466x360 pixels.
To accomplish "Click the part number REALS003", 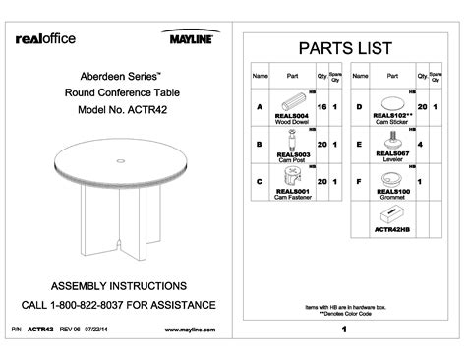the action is (x=294, y=154).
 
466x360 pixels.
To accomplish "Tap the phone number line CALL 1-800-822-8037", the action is (x=120, y=304).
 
